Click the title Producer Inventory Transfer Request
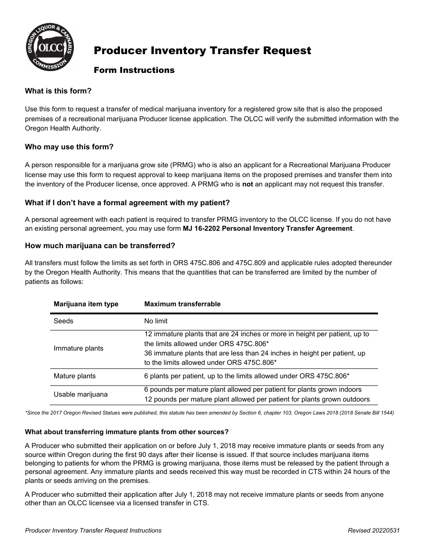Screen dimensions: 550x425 [x=202, y=51]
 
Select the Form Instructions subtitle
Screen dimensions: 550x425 [x=134, y=70]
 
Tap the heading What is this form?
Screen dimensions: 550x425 [x=58, y=91]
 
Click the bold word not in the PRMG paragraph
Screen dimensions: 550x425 [x=248, y=184]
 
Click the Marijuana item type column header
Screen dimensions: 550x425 [x=86, y=304]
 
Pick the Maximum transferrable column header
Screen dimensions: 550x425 [x=182, y=304]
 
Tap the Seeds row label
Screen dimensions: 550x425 [x=64, y=321]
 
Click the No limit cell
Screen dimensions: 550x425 [x=156, y=321]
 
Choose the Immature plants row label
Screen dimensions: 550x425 [x=78, y=348]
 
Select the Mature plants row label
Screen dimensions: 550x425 [x=75, y=376]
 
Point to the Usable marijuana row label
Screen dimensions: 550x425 [x=81, y=394]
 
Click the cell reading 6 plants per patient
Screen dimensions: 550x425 [x=246, y=376]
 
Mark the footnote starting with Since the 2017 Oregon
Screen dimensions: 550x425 [x=209, y=413]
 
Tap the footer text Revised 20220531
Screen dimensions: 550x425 [x=374, y=530]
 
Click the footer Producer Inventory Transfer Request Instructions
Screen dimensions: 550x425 [x=93, y=530]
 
